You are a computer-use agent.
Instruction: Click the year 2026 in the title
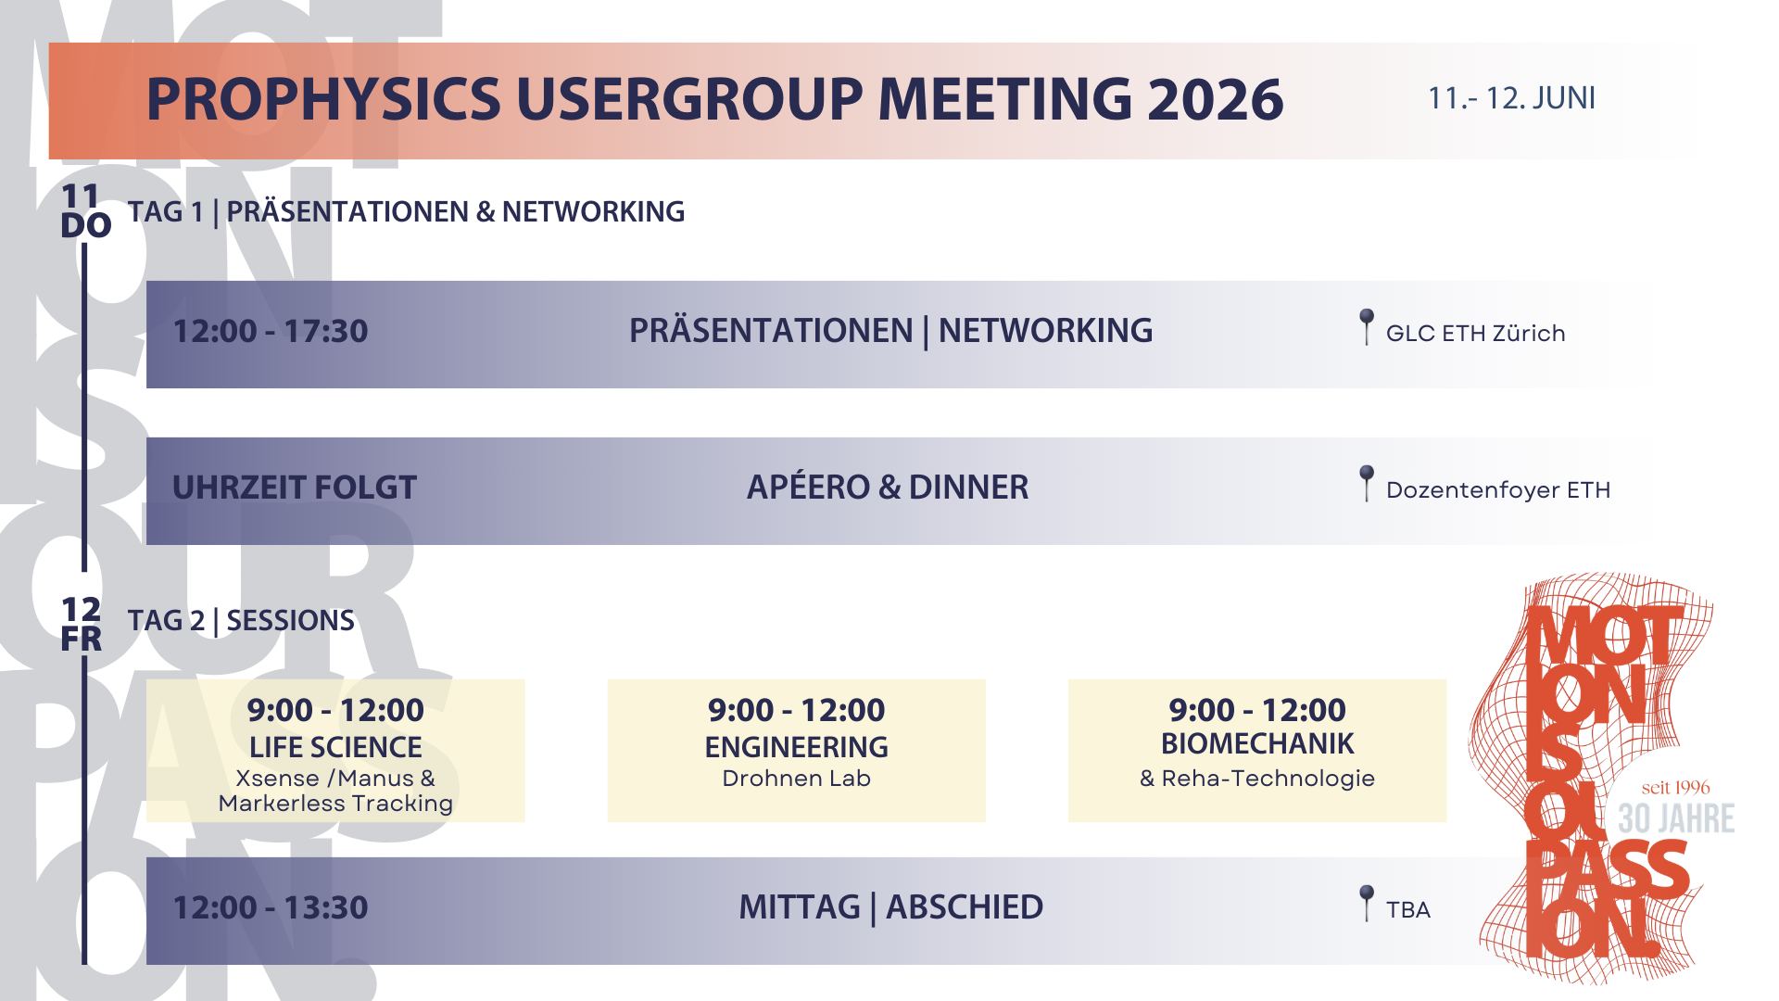pos(1215,99)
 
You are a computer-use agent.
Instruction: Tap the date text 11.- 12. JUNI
pos(1511,98)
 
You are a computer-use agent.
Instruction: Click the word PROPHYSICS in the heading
pos(323,99)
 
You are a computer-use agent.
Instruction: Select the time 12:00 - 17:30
pos(271,331)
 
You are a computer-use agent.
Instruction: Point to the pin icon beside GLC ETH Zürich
pos(1366,326)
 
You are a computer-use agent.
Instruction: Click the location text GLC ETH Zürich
pos(1475,334)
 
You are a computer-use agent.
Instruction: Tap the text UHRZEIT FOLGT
pos(295,488)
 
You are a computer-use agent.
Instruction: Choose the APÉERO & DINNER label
pos(888,488)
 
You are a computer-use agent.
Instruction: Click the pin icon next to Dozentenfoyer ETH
pos(1366,483)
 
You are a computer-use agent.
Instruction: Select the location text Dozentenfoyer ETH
pos(1498,490)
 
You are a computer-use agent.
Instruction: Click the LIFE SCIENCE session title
pos(335,747)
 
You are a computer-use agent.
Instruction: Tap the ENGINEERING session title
pos(796,747)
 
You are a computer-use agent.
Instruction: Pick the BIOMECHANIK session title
pos(1257,743)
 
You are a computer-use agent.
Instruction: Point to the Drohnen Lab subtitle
pos(796,779)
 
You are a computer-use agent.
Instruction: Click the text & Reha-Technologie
pos(1257,779)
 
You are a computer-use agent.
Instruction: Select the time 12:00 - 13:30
pos(271,907)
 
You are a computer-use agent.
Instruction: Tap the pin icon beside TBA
pos(1366,903)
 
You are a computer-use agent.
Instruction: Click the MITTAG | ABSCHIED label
pos(890,907)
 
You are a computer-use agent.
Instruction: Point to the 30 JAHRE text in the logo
pos(1676,818)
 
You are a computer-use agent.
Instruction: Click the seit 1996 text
pos(1675,788)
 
